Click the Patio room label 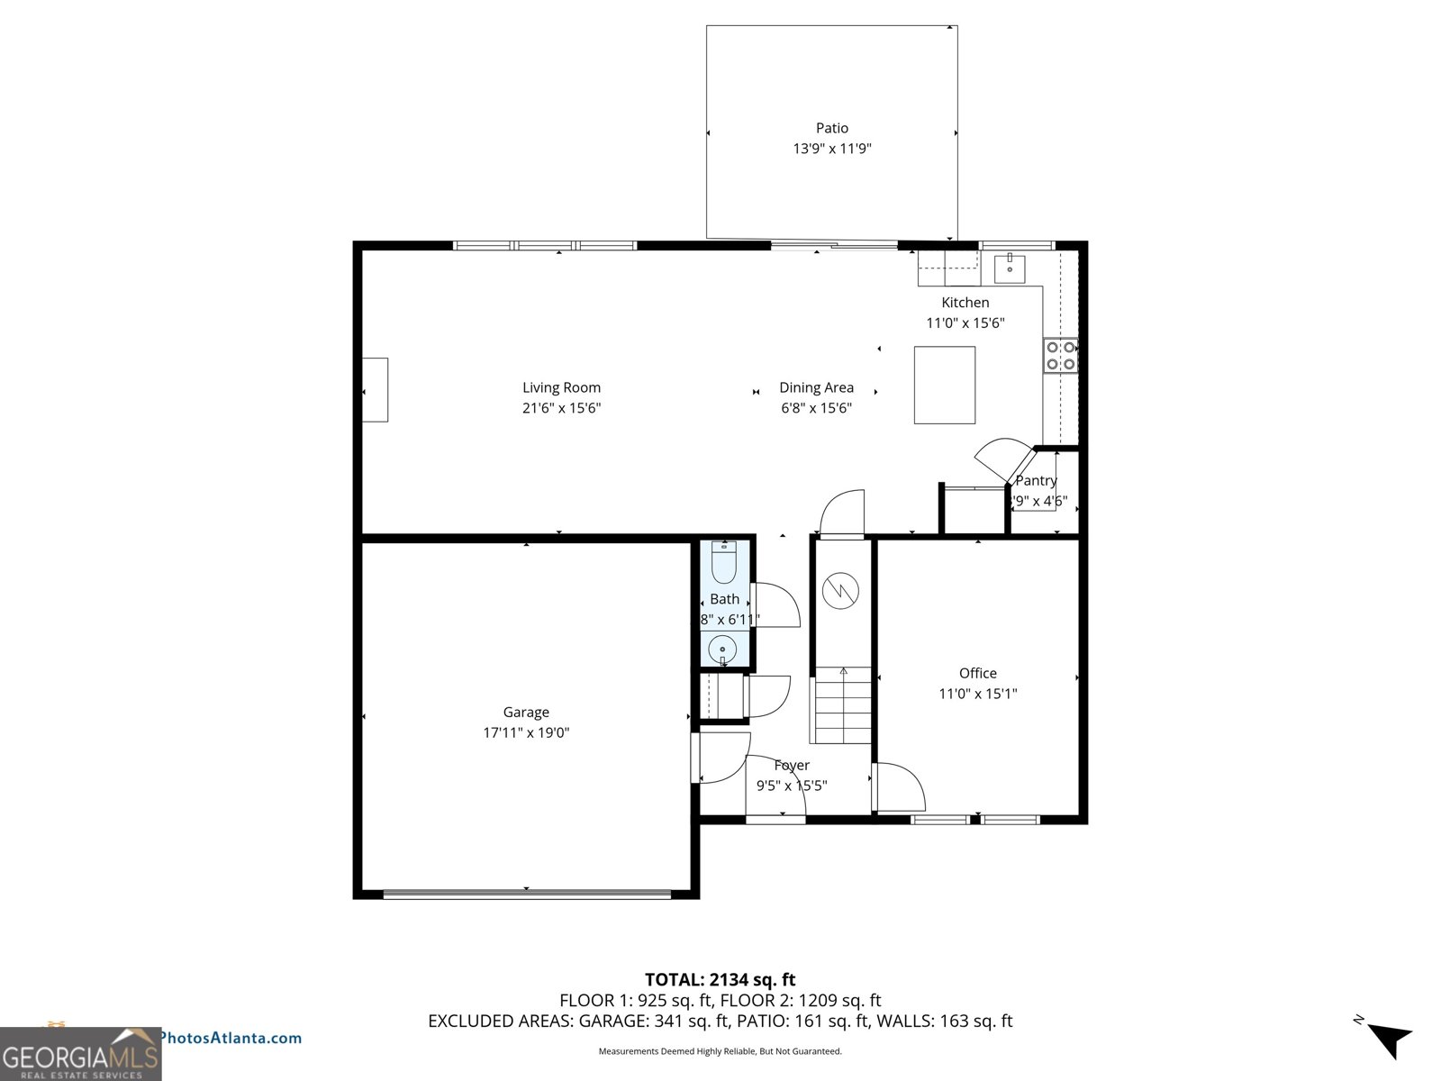[832, 128]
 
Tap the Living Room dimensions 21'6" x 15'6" [561, 408]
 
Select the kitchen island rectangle [945, 385]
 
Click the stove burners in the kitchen [1060, 355]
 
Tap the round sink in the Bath [722, 648]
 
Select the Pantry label [1036, 480]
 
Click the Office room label [977, 673]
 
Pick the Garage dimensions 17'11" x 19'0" [526, 732]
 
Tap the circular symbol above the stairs [840, 591]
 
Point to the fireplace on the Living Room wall [376, 389]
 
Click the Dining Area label [816, 387]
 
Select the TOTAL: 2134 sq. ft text [720, 979]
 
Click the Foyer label [792, 765]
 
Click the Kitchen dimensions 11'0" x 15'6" [965, 322]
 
